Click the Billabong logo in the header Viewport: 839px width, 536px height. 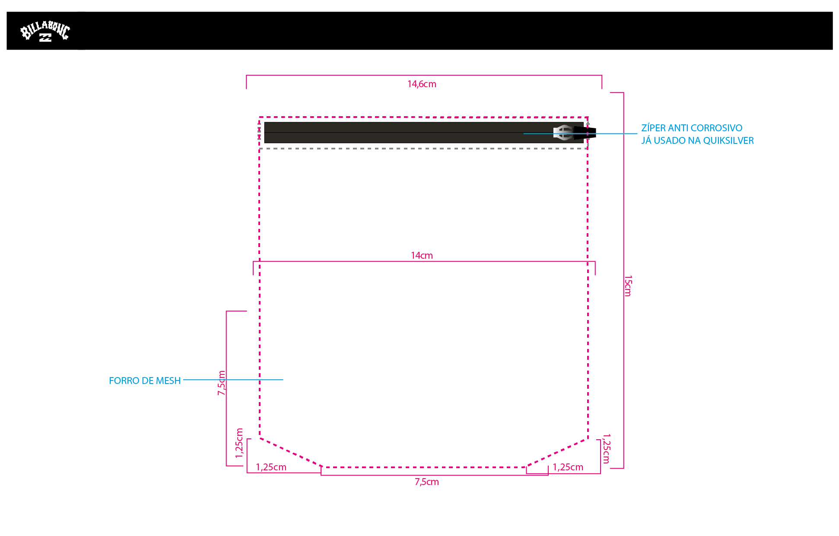[x=45, y=32]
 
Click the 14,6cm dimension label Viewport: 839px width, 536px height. [x=422, y=84]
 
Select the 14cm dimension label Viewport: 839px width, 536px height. [x=422, y=255]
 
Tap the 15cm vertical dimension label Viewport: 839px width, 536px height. [x=628, y=285]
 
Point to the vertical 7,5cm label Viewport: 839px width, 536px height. [x=221, y=383]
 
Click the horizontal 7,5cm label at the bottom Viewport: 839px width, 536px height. [x=427, y=482]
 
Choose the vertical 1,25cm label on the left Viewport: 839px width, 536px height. [x=239, y=443]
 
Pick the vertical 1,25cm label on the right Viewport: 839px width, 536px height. [x=606, y=448]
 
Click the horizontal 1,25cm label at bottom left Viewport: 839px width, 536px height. [x=271, y=467]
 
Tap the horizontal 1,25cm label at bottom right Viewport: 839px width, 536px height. [x=568, y=467]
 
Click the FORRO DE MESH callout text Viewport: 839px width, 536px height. [x=145, y=381]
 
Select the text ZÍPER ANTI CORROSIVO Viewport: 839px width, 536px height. [x=692, y=128]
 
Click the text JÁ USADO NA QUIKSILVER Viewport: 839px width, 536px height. [x=697, y=140]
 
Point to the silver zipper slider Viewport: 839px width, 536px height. [x=563, y=133]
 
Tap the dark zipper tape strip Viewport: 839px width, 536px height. [x=389, y=133]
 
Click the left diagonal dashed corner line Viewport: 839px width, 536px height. [x=290, y=453]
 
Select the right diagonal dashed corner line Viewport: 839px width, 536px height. [x=557, y=453]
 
